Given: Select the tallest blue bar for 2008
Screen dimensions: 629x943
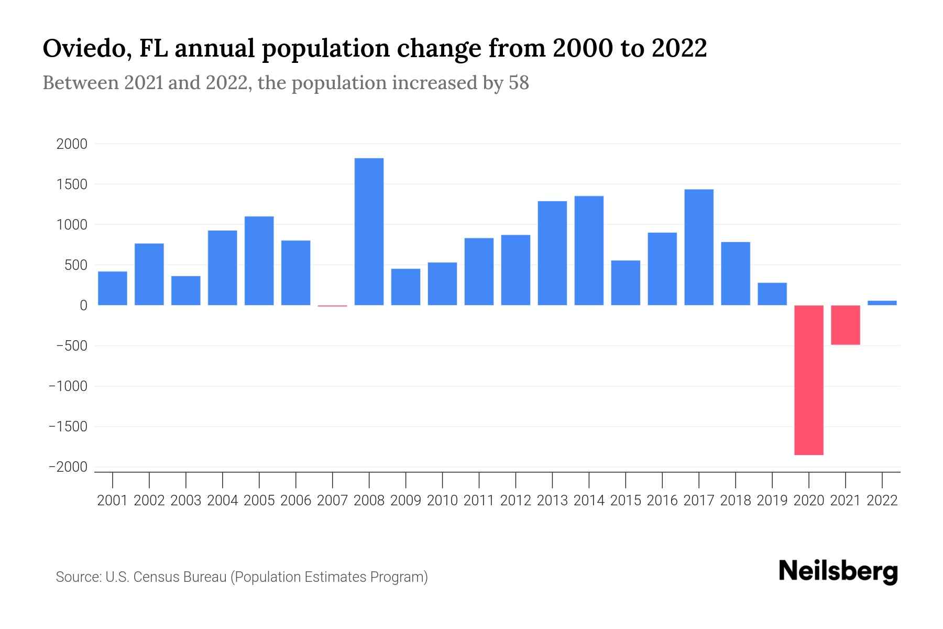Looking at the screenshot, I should [369, 232].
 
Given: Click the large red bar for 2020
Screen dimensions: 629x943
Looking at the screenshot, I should [808, 380].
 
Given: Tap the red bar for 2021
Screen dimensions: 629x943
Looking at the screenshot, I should [845, 325].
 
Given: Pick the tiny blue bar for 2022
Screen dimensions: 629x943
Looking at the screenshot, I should [882, 302].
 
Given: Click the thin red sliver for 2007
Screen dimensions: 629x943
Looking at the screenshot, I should [332, 306].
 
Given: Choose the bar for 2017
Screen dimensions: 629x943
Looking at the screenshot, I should [698, 247].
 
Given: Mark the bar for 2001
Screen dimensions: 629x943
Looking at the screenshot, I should [113, 288].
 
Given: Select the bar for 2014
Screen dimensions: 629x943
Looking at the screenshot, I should [589, 251].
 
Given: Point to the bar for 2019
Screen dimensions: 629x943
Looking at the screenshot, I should [772, 294].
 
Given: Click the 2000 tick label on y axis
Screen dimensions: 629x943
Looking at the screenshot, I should [72, 144].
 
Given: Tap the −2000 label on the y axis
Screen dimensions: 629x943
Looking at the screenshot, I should [68, 467].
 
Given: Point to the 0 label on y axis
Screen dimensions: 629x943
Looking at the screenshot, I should [83, 306].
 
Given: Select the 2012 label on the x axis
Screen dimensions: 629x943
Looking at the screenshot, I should [516, 501].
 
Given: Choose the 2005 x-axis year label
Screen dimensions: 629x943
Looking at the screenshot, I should [259, 501].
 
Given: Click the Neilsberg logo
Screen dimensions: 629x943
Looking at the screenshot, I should [838, 572].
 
